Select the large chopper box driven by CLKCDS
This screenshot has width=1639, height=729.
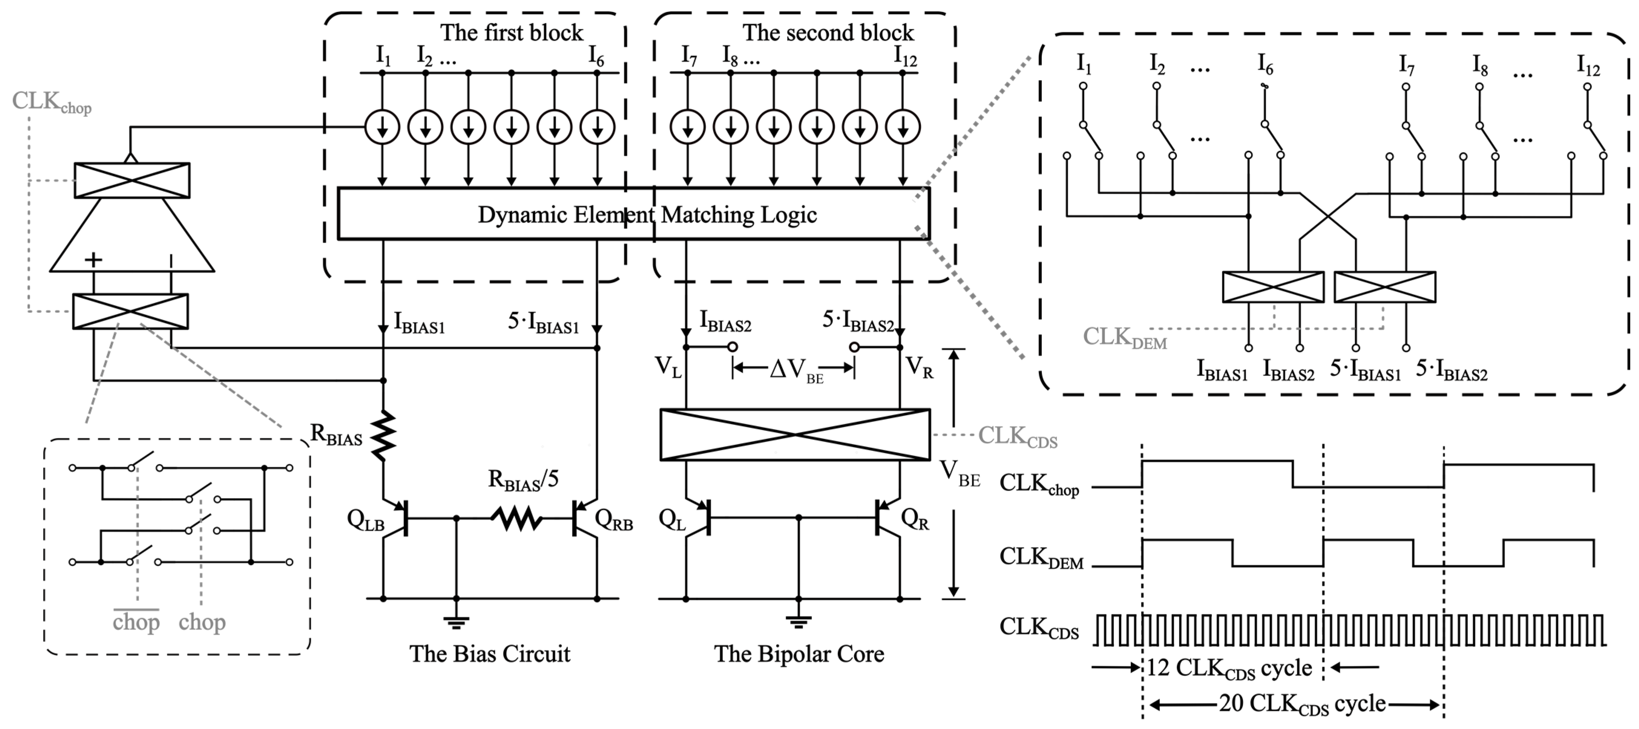click(x=795, y=435)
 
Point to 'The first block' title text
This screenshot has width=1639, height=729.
click(x=511, y=32)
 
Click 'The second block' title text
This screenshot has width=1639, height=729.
click(x=828, y=32)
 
